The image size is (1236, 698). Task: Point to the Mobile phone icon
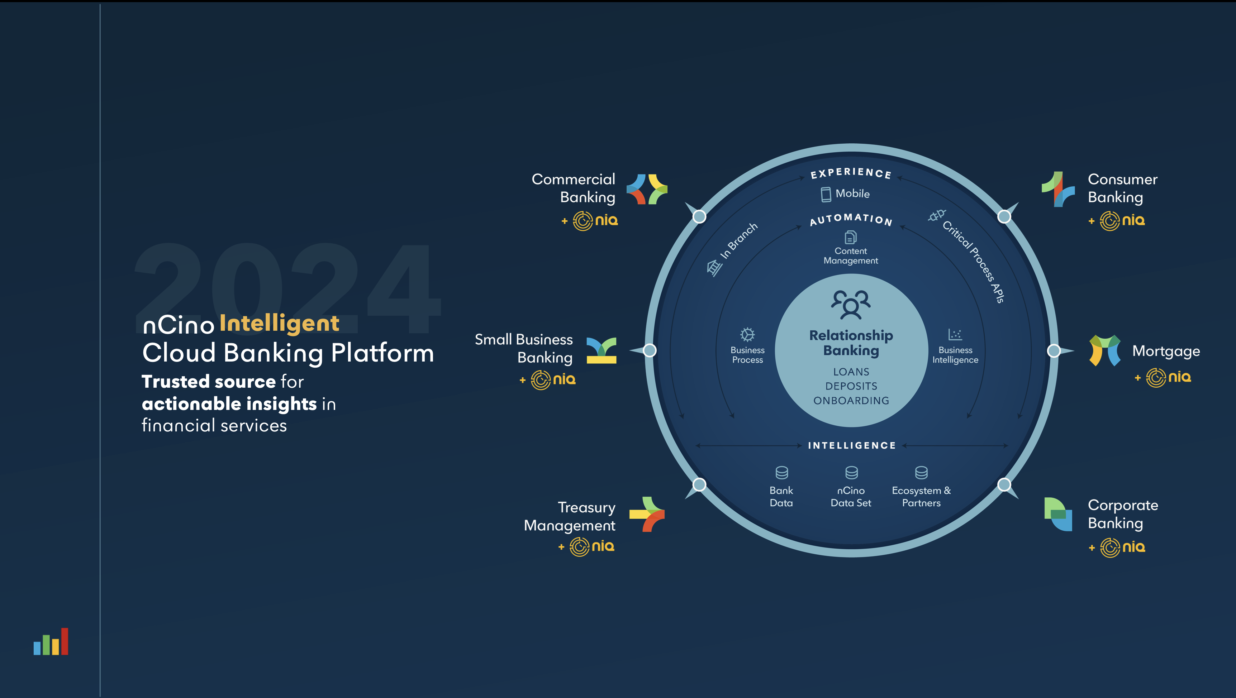[x=826, y=194]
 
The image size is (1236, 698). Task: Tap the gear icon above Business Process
[x=747, y=334]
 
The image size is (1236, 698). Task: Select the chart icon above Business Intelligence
[x=955, y=334]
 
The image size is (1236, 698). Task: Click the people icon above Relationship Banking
[x=851, y=304]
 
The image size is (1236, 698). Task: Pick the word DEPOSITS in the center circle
[x=851, y=386]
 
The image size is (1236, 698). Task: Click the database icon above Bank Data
[x=781, y=473]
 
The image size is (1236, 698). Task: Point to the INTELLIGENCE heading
[x=852, y=446]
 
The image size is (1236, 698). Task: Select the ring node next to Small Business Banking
[x=650, y=351]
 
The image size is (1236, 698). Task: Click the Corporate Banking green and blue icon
[x=1058, y=514]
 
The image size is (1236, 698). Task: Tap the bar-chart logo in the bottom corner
[x=51, y=641]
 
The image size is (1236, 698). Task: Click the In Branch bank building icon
[x=714, y=268]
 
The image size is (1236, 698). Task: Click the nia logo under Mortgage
[x=1168, y=378]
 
